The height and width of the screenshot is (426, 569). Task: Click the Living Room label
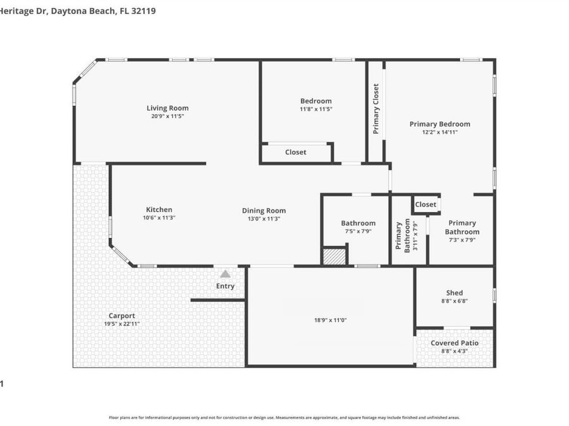[x=168, y=108]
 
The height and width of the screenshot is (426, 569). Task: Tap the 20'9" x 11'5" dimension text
[x=168, y=116]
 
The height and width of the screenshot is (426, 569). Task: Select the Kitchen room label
[x=159, y=210]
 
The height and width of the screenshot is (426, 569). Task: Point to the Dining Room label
[x=264, y=211]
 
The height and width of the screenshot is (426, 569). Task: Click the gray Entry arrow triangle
[x=225, y=274]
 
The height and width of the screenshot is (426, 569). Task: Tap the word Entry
[x=225, y=286]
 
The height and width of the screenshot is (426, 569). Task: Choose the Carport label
[x=121, y=316]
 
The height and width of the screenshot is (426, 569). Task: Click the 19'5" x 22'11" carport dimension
[x=121, y=324]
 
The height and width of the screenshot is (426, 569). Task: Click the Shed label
[x=454, y=293]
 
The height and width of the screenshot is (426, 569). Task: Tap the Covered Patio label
[x=454, y=343]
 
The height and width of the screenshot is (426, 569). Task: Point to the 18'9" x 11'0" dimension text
[x=331, y=320]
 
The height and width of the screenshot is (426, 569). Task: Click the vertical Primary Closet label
[x=376, y=109]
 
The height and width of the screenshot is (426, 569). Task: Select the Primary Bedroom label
[x=439, y=124]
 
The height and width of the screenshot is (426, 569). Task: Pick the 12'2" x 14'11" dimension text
[x=439, y=133]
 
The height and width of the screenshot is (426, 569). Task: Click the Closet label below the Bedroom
[x=295, y=152]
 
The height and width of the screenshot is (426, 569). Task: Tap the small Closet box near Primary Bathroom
[x=425, y=204]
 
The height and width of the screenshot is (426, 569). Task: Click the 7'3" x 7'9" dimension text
[x=462, y=240]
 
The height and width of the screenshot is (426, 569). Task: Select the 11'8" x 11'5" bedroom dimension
[x=315, y=109]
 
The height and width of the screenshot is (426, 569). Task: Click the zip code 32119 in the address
[x=144, y=11]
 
